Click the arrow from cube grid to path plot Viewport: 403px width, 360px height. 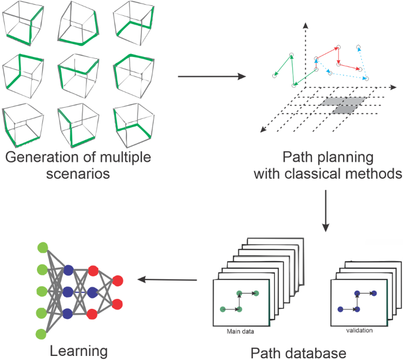click(211, 76)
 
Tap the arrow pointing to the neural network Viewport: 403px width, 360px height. click(167, 280)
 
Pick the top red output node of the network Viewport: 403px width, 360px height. click(117, 280)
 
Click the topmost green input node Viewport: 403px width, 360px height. click(42, 248)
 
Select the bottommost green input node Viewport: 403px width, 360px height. click(42, 334)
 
